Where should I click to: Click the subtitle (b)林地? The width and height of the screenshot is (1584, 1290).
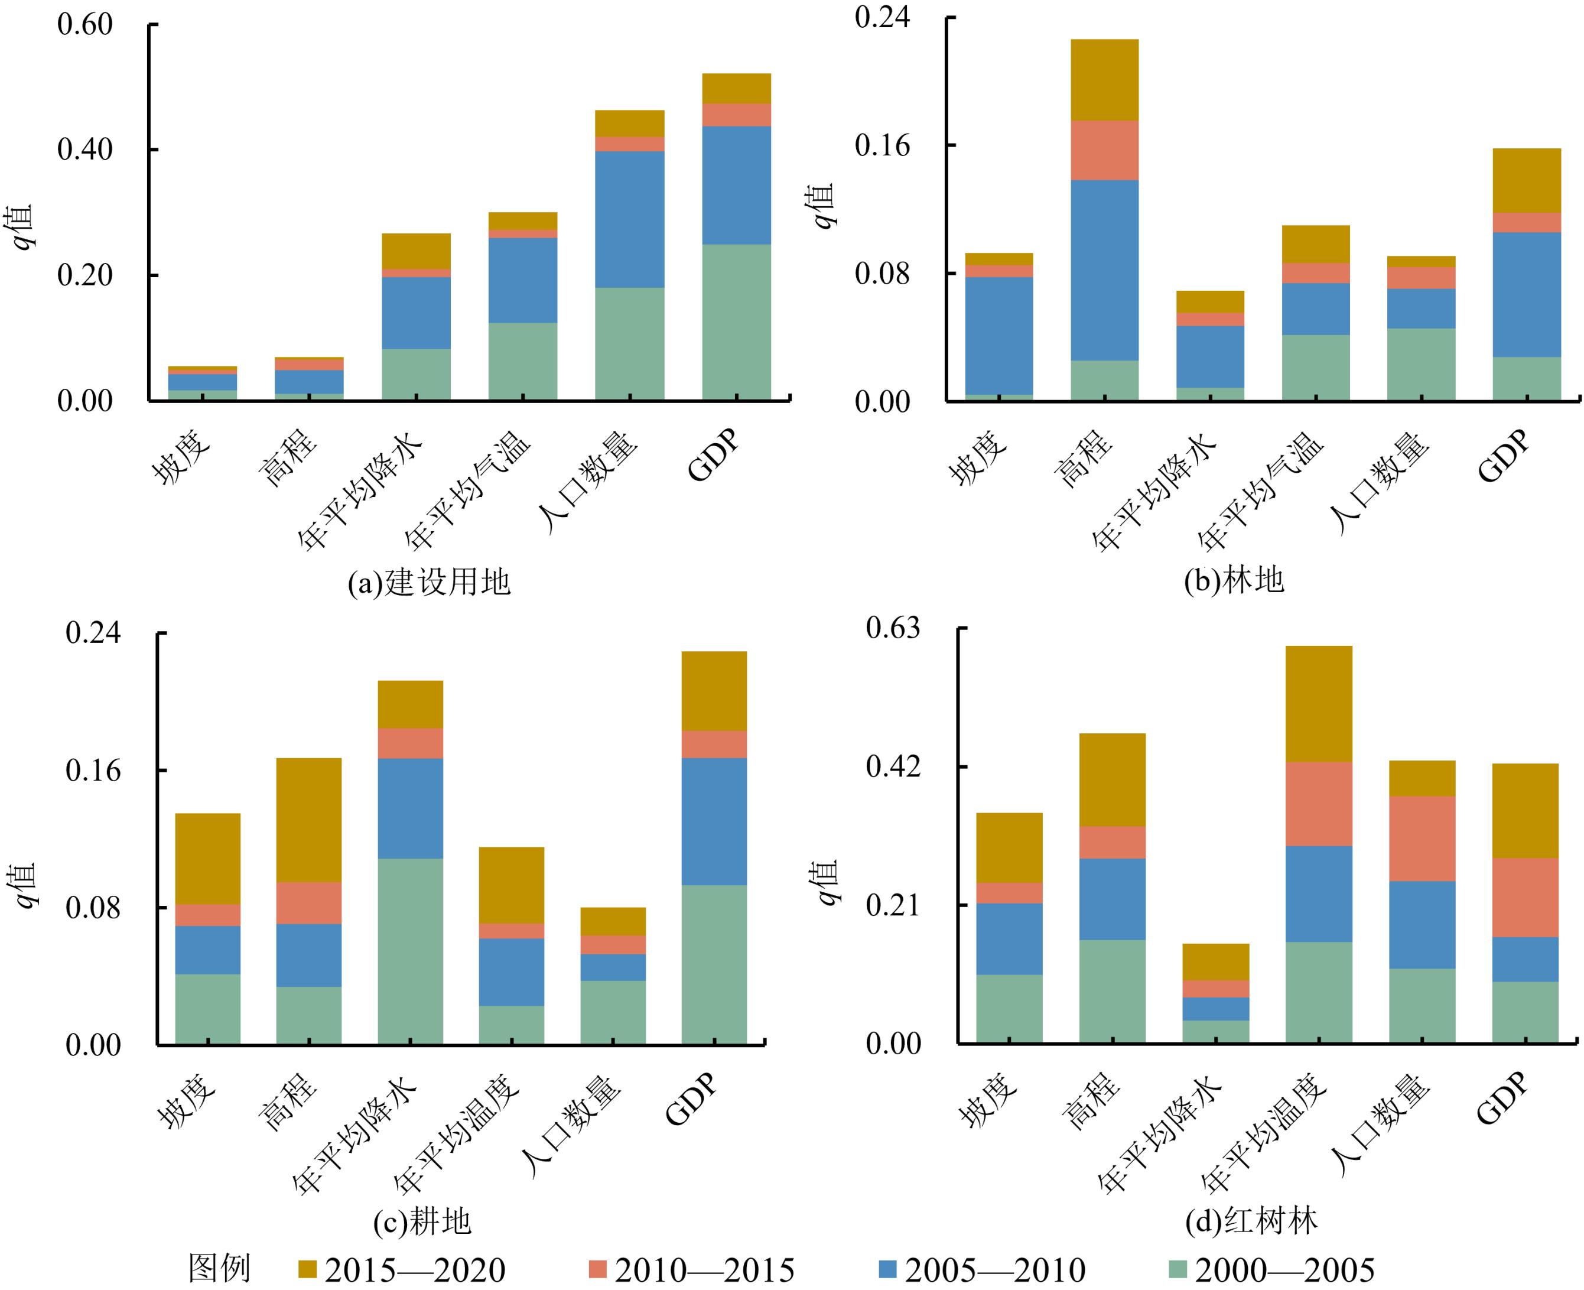pyautogui.click(x=1233, y=580)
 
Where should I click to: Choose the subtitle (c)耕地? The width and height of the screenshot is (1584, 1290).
pyautogui.click(x=422, y=1221)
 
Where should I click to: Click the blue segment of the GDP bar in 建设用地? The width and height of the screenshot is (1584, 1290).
pyautogui.click(x=736, y=185)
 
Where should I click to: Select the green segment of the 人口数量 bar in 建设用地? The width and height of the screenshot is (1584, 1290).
pyautogui.click(x=629, y=343)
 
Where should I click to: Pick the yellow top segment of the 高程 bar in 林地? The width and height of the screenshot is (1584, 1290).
pyautogui.click(x=1104, y=80)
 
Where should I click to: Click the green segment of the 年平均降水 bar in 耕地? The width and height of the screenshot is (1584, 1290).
pyautogui.click(x=410, y=951)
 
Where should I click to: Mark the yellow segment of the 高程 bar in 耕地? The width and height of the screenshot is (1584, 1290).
pyautogui.click(x=308, y=820)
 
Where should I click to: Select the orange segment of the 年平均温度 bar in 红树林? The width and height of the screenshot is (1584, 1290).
pyautogui.click(x=1318, y=804)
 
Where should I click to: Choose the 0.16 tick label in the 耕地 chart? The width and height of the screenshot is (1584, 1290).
pyautogui.click(x=93, y=771)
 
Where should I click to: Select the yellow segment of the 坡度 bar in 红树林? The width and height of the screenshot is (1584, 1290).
pyautogui.click(x=1009, y=848)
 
